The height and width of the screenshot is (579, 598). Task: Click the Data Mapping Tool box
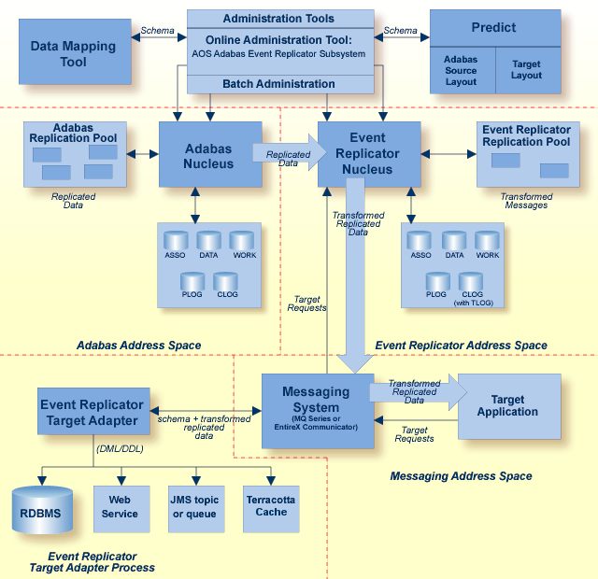[73, 53]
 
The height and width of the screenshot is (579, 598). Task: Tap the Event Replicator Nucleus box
[360, 153]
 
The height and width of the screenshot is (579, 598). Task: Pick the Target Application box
[507, 406]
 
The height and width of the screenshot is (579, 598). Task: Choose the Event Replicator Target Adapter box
[91, 413]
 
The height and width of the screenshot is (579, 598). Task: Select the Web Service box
[120, 507]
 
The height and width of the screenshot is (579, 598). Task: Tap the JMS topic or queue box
[195, 507]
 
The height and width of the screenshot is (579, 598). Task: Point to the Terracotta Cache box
[270, 507]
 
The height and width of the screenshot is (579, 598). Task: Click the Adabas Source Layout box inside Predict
[461, 70]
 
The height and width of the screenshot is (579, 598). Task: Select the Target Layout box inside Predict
[526, 70]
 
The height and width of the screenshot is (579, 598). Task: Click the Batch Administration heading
[278, 84]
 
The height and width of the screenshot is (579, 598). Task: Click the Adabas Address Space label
[138, 346]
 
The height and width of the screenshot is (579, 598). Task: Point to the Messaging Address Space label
[461, 476]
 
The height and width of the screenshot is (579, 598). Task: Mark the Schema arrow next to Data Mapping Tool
[157, 38]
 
